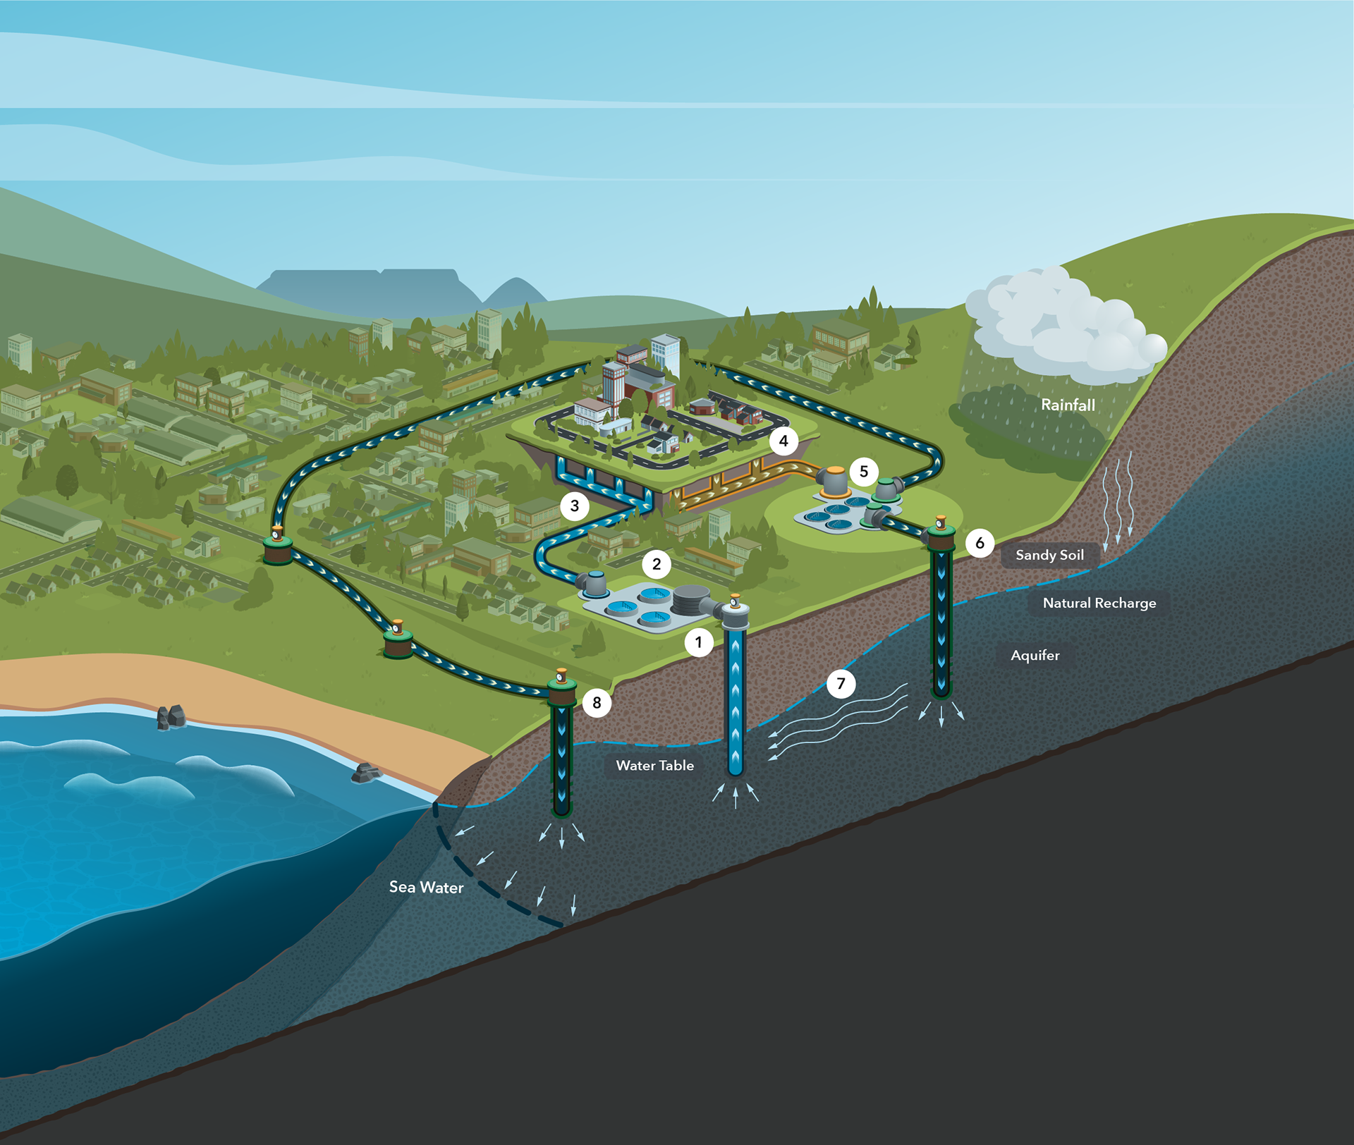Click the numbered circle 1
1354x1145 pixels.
[699, 642]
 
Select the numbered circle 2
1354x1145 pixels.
[657, 564]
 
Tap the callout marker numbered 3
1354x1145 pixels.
[575, 506]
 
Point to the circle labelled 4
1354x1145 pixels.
[783, 441]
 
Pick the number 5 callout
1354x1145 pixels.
[864, 472]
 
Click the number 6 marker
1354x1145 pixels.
[980, 543]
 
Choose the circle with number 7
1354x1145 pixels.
[841, 683]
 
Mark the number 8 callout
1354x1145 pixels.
[597, 703]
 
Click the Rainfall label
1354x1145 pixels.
[1068, 405]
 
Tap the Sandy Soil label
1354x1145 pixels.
[1049, 555]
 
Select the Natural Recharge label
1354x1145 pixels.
[1099, 603]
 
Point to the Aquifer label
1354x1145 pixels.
[1035, 655]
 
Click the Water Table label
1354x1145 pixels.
[654, 765]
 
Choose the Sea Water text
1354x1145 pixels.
[426, 887]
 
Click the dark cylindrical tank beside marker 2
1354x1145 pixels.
[691, 599]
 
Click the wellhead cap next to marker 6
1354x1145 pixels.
[941, 535]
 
